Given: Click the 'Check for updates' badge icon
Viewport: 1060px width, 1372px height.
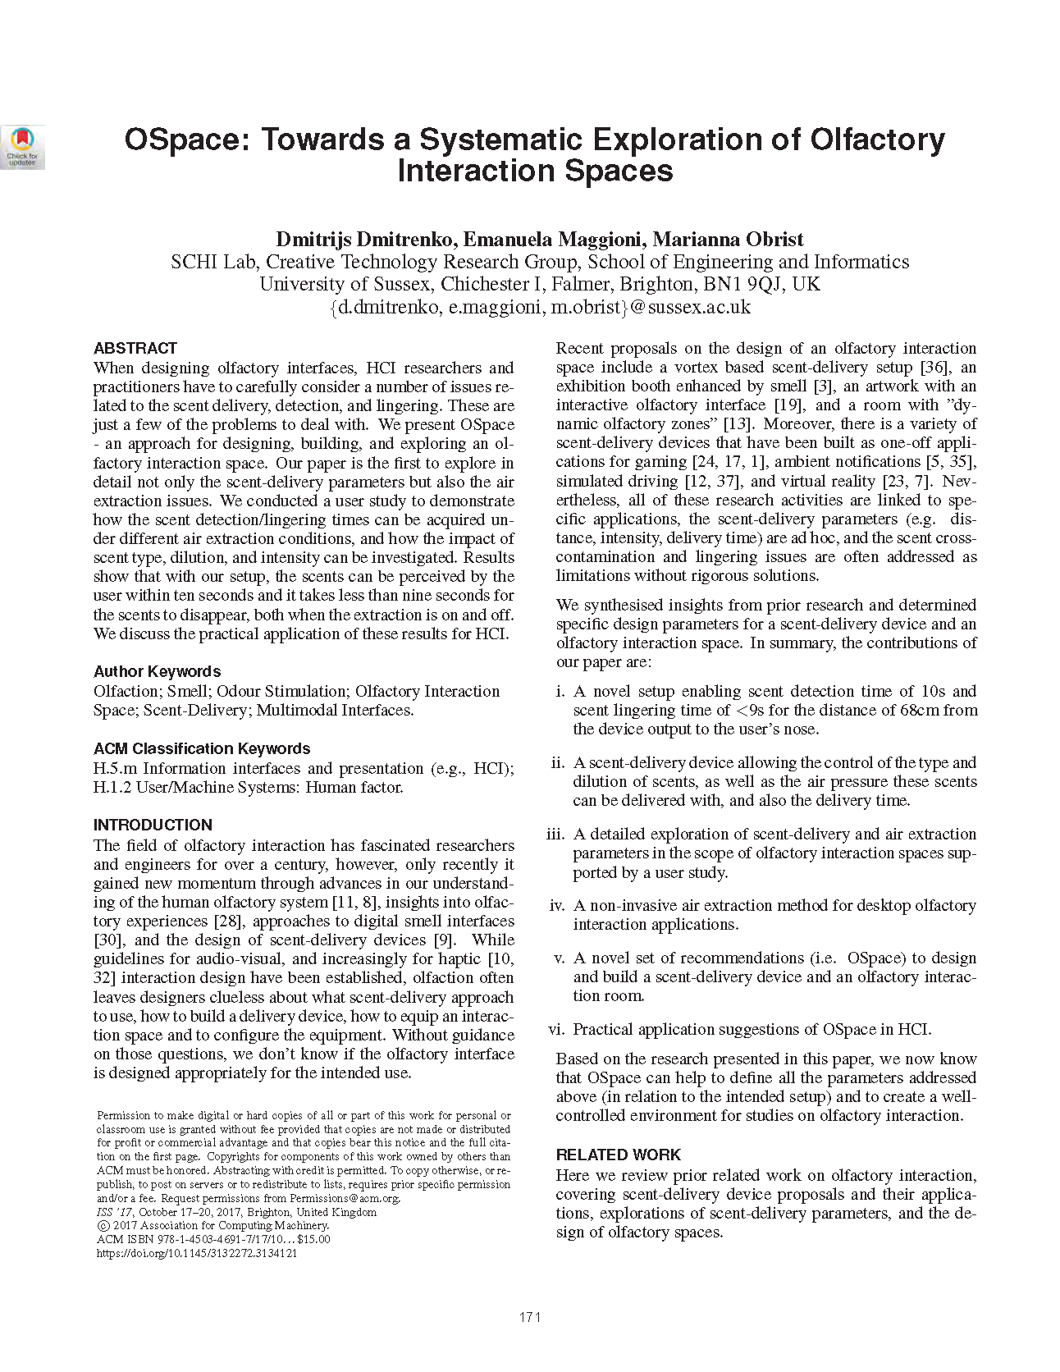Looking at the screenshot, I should [22, 147].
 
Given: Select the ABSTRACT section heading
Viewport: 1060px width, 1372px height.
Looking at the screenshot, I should [135, 348].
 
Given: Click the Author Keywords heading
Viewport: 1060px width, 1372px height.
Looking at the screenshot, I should [157, 671].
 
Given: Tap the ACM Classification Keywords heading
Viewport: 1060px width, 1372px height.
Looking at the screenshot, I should [202, 748].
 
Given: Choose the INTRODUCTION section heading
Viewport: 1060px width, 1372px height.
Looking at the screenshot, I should [153, 825].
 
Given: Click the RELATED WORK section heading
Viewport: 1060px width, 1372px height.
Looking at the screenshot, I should [619, 1155].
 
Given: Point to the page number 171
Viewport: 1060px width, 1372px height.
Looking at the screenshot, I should [529, 1318].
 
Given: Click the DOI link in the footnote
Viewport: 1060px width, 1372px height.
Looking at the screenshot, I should [197, 1253].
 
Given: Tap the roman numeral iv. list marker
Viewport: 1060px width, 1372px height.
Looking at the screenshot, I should [557, 905].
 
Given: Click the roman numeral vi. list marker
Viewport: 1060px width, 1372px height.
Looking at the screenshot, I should [557, 1029].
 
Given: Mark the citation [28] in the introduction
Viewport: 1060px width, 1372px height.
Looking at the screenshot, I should [227, 921].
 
